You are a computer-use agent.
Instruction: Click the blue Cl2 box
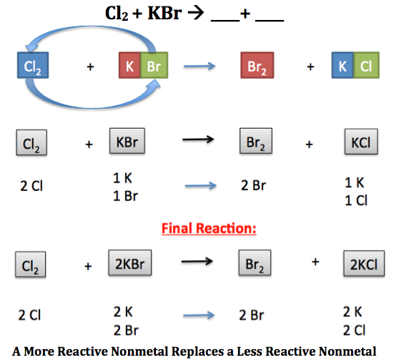coord(33,65)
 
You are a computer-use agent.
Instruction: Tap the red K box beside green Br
coord(129,65)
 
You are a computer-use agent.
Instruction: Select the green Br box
coord(154,65)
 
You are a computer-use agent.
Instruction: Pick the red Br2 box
coord(257,65)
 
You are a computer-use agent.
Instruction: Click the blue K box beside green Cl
coord(343,65)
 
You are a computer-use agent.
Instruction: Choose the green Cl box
coord(366,65)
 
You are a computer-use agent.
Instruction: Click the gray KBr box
coord(127,141)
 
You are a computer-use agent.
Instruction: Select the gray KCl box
coord(361,142)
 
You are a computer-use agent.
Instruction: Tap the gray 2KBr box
coord(130,263)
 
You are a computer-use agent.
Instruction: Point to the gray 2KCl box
coord(364,263)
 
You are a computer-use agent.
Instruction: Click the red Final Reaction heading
coord(209,228)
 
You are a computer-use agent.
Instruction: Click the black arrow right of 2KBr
coord(197,261)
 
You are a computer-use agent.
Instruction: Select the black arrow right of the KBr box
coord(198,140)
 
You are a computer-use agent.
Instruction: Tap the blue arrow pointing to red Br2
coord(199,67)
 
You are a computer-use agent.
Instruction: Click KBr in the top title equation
coord(164,13)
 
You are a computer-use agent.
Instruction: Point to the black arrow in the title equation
coord(196,13)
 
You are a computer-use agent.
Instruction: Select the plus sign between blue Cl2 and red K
coord(90,67)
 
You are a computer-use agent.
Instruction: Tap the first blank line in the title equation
coord(225,21)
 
